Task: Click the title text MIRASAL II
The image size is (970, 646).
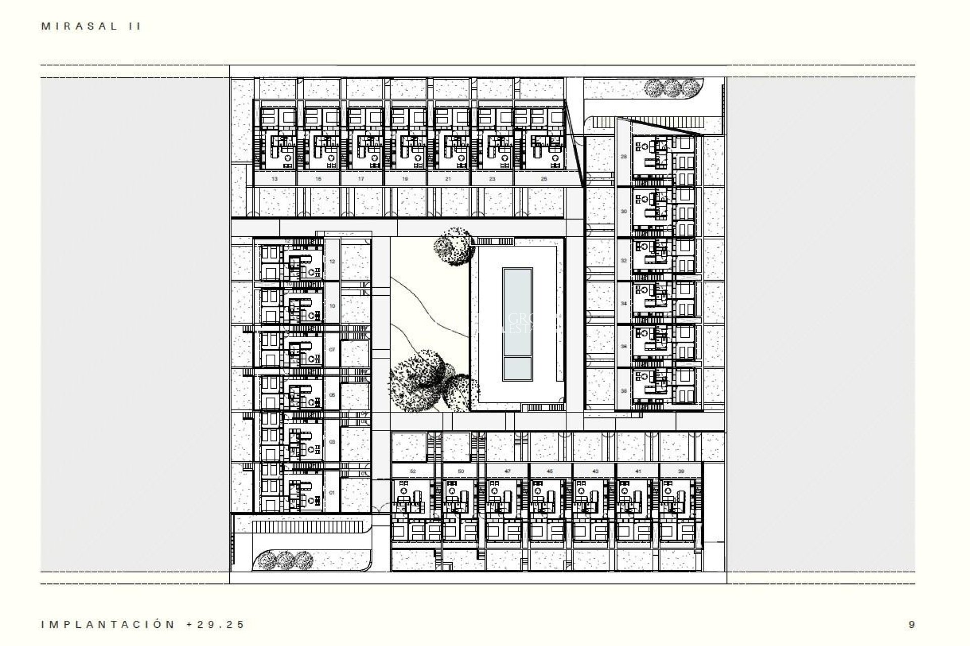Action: click(x=91, y=27)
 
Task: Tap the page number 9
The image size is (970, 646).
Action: click(x=911, y=624)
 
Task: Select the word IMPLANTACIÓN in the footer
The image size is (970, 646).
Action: click(x=108, y=624)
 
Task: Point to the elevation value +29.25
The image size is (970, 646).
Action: click(x=216, y=624)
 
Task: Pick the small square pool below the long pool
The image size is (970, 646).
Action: click(x=517, y=369)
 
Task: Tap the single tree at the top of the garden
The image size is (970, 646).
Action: click(x=453, y=246)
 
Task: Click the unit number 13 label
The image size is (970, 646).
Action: click(x=274, y=179)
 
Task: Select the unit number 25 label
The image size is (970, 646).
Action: click(x=544, y=179)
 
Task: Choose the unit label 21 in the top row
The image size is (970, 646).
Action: click(x=448, y=179)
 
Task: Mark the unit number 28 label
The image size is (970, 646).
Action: click(x=624, y=157)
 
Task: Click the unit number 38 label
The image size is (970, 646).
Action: click(x=624, y=391)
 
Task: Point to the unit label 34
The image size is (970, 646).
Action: click(x=624, y=304)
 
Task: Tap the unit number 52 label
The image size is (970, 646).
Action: click(x=413, y=471)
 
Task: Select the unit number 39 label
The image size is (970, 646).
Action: click(x=681, y=471)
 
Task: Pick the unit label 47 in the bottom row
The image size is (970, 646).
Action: click(x=508, y=471)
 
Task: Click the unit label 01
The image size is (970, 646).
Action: click(x=332, y=492)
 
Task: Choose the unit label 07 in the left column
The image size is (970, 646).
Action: click(x=332, y=349)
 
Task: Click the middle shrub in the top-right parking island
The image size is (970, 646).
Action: click(x=671, y=88)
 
